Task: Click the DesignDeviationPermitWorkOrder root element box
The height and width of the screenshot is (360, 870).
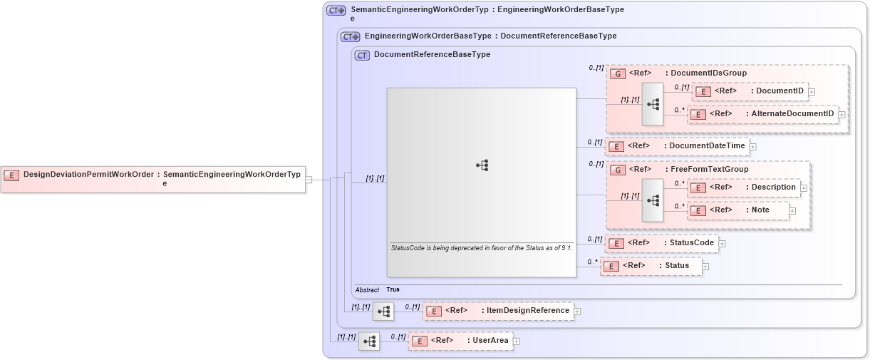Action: [152, 178]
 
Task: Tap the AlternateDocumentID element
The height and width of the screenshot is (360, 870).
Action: [762, 114]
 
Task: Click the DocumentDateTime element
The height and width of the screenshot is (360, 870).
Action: [677, 146]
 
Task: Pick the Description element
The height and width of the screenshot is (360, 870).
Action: [744, 187]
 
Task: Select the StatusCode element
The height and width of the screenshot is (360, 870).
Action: [661, 243]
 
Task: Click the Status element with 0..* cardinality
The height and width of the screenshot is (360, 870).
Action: [651, 266]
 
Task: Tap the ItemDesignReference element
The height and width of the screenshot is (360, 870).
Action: [498, 311]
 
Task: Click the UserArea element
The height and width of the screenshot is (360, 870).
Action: [460, 341]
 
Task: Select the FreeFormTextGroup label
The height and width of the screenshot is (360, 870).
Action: [709, 170]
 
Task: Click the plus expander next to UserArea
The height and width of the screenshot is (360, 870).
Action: [517, 341]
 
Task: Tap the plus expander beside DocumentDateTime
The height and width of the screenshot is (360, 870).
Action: [753, 147]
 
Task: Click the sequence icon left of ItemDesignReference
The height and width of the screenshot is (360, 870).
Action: [383, 311]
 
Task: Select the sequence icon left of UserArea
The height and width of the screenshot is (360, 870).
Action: [369, 341]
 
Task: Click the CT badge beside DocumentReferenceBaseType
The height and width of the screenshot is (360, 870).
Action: [362, 55]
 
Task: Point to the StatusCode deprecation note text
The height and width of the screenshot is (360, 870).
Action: [481, 248]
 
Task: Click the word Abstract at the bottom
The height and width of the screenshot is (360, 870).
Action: [367, 290]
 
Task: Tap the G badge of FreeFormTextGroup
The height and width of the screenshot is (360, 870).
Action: [618, 170]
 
